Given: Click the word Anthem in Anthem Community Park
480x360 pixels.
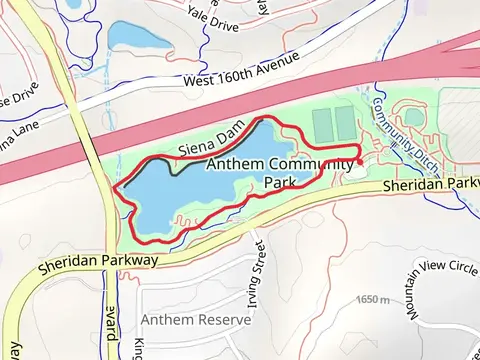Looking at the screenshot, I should (236, 165).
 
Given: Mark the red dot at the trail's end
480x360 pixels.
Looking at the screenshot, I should (359, 160).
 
